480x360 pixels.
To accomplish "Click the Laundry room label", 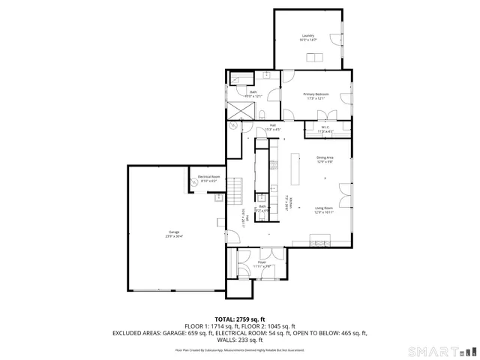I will point(307,36).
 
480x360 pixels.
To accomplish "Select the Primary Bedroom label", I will point(316,94).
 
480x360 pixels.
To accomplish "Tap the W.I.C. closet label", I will point(325,127).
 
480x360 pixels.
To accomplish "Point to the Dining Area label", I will point(324,157).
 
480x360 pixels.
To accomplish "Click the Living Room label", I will point(324,208).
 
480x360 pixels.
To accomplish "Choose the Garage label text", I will point(174,232).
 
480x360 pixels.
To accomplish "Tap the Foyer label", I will point(262,262).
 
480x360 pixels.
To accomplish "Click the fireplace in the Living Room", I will point(323,241).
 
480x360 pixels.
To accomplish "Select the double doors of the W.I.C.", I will point(324,116).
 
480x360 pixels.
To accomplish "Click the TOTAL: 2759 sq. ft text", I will point(240,319).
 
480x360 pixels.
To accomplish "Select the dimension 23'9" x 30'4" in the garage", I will point(174,236).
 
